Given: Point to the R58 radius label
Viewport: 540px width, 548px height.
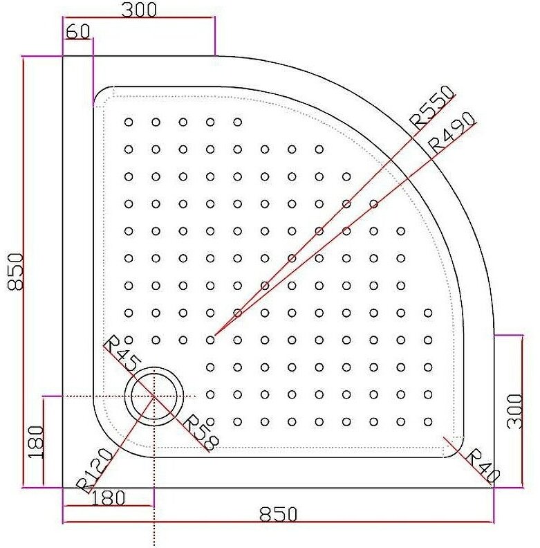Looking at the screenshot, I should tap(198, 432).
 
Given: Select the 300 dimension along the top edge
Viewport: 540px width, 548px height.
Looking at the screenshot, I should tap(139, 9).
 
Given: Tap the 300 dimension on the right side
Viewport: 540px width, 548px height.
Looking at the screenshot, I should tap(516, 410).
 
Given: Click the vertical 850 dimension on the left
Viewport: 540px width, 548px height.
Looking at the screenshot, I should tap(15, 271).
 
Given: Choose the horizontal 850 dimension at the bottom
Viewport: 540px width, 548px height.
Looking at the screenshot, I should tap(278, 514).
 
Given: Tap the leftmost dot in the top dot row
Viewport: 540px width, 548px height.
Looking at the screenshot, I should tap(129, 122).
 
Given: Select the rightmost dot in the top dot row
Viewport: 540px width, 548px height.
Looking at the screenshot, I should tap(237, 122).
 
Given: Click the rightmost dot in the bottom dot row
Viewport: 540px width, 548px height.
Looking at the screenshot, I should tap(428, 421).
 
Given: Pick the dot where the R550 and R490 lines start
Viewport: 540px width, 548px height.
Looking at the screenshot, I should tap(210, 340).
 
